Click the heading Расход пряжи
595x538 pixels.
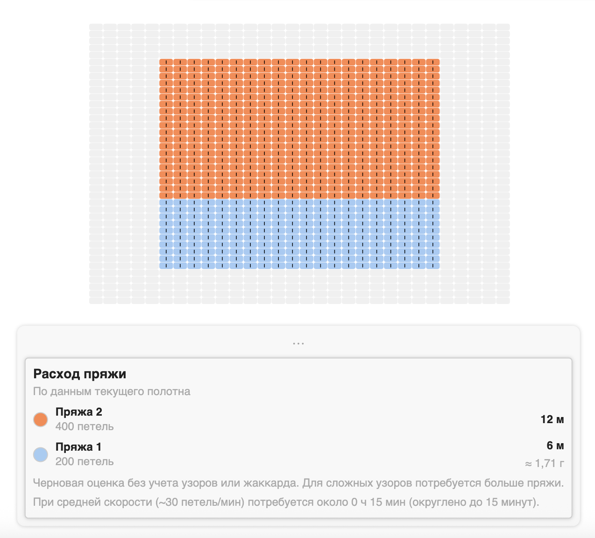(79, 374)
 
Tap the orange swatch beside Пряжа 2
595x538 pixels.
(41, 419)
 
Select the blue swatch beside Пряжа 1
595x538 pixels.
(41, 454)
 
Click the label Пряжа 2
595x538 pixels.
(78, 412)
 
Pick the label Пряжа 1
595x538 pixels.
(78, 447)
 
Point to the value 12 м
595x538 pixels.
(552, 419)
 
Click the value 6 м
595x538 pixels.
(555, 446)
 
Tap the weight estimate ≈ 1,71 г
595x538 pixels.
(545, 464)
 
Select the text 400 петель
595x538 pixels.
(85, 426)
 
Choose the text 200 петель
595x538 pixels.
(85, 461)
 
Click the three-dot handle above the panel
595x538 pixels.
(298, 343)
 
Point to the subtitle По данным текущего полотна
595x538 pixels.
(112, 391)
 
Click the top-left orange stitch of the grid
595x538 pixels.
(166, 62)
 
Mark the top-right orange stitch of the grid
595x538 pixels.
(432, 62)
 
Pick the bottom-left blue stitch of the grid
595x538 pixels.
(166, 265)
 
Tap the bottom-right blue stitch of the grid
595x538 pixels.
(432, 265)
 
